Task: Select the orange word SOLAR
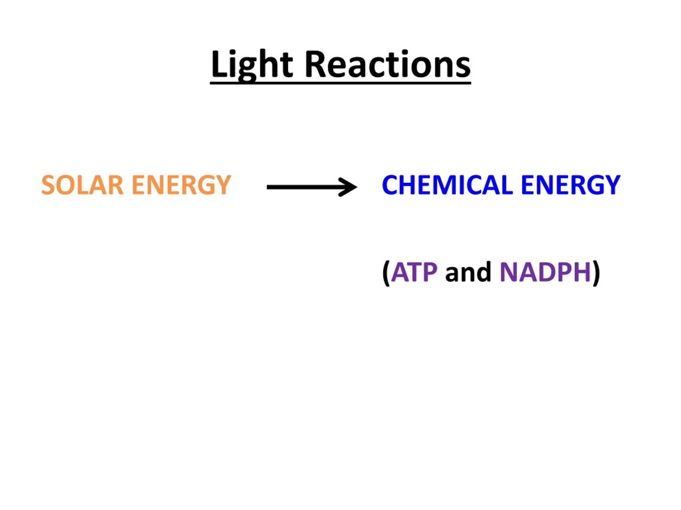click(82, 185)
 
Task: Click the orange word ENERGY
click(181, 185)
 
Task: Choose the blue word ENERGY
click(571, 185)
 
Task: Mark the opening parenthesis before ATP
click(386, 273)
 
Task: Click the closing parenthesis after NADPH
click(596, 273)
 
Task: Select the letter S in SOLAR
click(48, 185)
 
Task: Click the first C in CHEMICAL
click(390, 185)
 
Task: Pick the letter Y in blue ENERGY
click(612, 185)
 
